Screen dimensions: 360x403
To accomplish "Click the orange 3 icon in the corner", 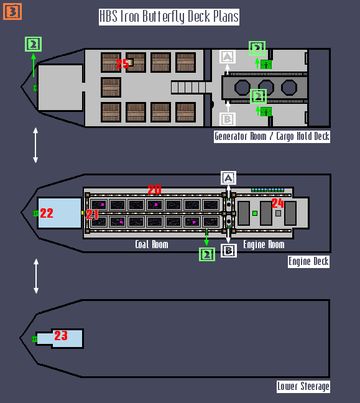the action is coord(12,11).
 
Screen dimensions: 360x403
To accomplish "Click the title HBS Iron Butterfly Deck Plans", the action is coord(169,17).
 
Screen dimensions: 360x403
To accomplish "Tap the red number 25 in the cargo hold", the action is coord(122,63).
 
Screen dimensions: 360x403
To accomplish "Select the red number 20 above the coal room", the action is coord(154,190).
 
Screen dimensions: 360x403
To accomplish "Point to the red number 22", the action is coord(47,213).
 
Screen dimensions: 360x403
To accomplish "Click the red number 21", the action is coord(92,214).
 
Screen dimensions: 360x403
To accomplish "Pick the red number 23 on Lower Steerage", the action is coord(61,336).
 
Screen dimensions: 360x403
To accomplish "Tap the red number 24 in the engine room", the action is coord(277,203).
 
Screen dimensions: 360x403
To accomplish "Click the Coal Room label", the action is coord(152,244).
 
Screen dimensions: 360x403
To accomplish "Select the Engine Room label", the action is coord(264,244).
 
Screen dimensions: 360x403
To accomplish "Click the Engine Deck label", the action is coord(308,262).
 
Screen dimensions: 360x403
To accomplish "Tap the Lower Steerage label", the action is coord(303,387).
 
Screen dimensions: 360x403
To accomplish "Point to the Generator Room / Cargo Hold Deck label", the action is coord(272,136).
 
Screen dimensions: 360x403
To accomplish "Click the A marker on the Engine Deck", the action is coord(228,178).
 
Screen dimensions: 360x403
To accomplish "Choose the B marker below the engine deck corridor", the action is coord(229,251).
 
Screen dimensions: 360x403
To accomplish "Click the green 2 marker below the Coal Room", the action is coord(207,254).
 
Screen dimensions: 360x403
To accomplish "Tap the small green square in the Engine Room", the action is coord(255,213).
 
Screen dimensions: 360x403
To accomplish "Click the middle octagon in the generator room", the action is coord(266,88).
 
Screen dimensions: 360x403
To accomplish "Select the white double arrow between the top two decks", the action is coord(35,145).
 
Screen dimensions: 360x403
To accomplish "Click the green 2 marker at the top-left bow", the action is coord(33,44).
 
